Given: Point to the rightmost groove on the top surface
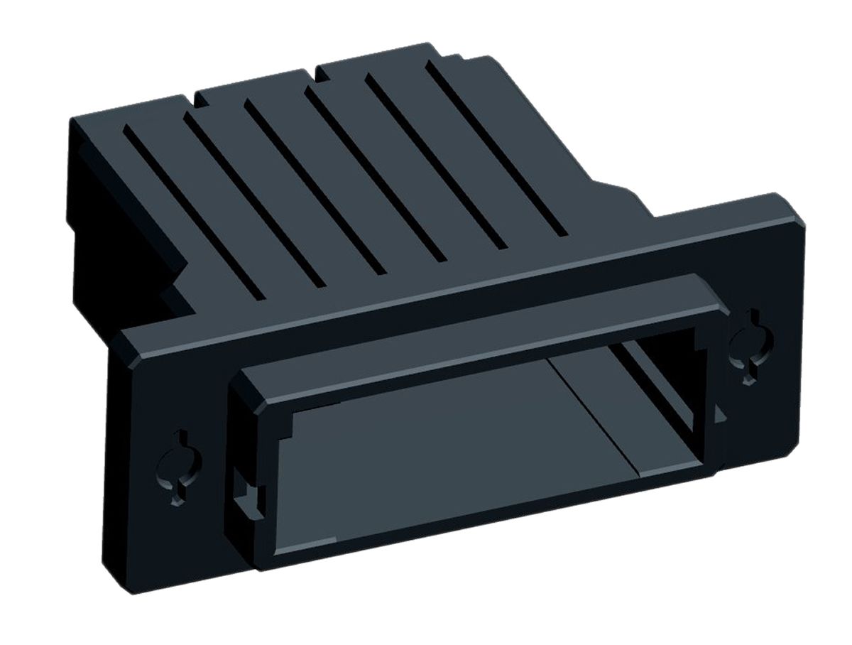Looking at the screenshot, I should (x=497, y=149).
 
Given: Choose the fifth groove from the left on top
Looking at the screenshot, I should (x=437, y=163).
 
